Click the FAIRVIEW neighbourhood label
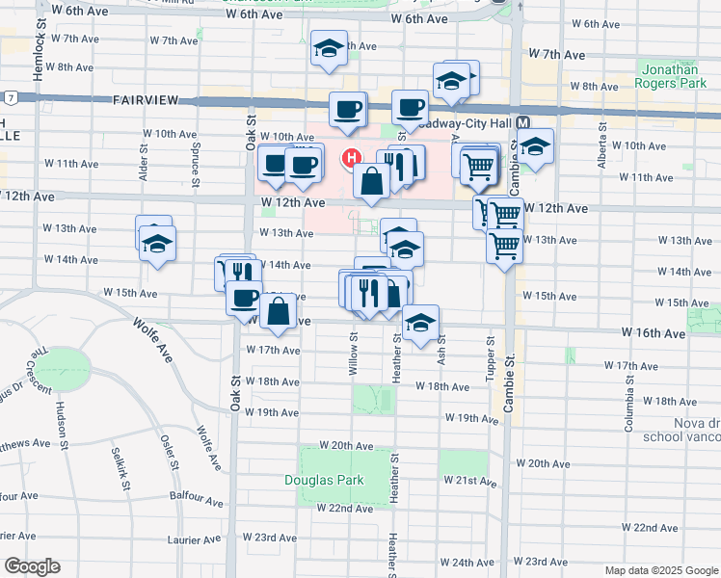[147, 100]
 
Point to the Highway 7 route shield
[8, 98]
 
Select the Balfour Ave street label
[197, 499]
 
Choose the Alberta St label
[602, 148]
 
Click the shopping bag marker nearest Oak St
[279, 311]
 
